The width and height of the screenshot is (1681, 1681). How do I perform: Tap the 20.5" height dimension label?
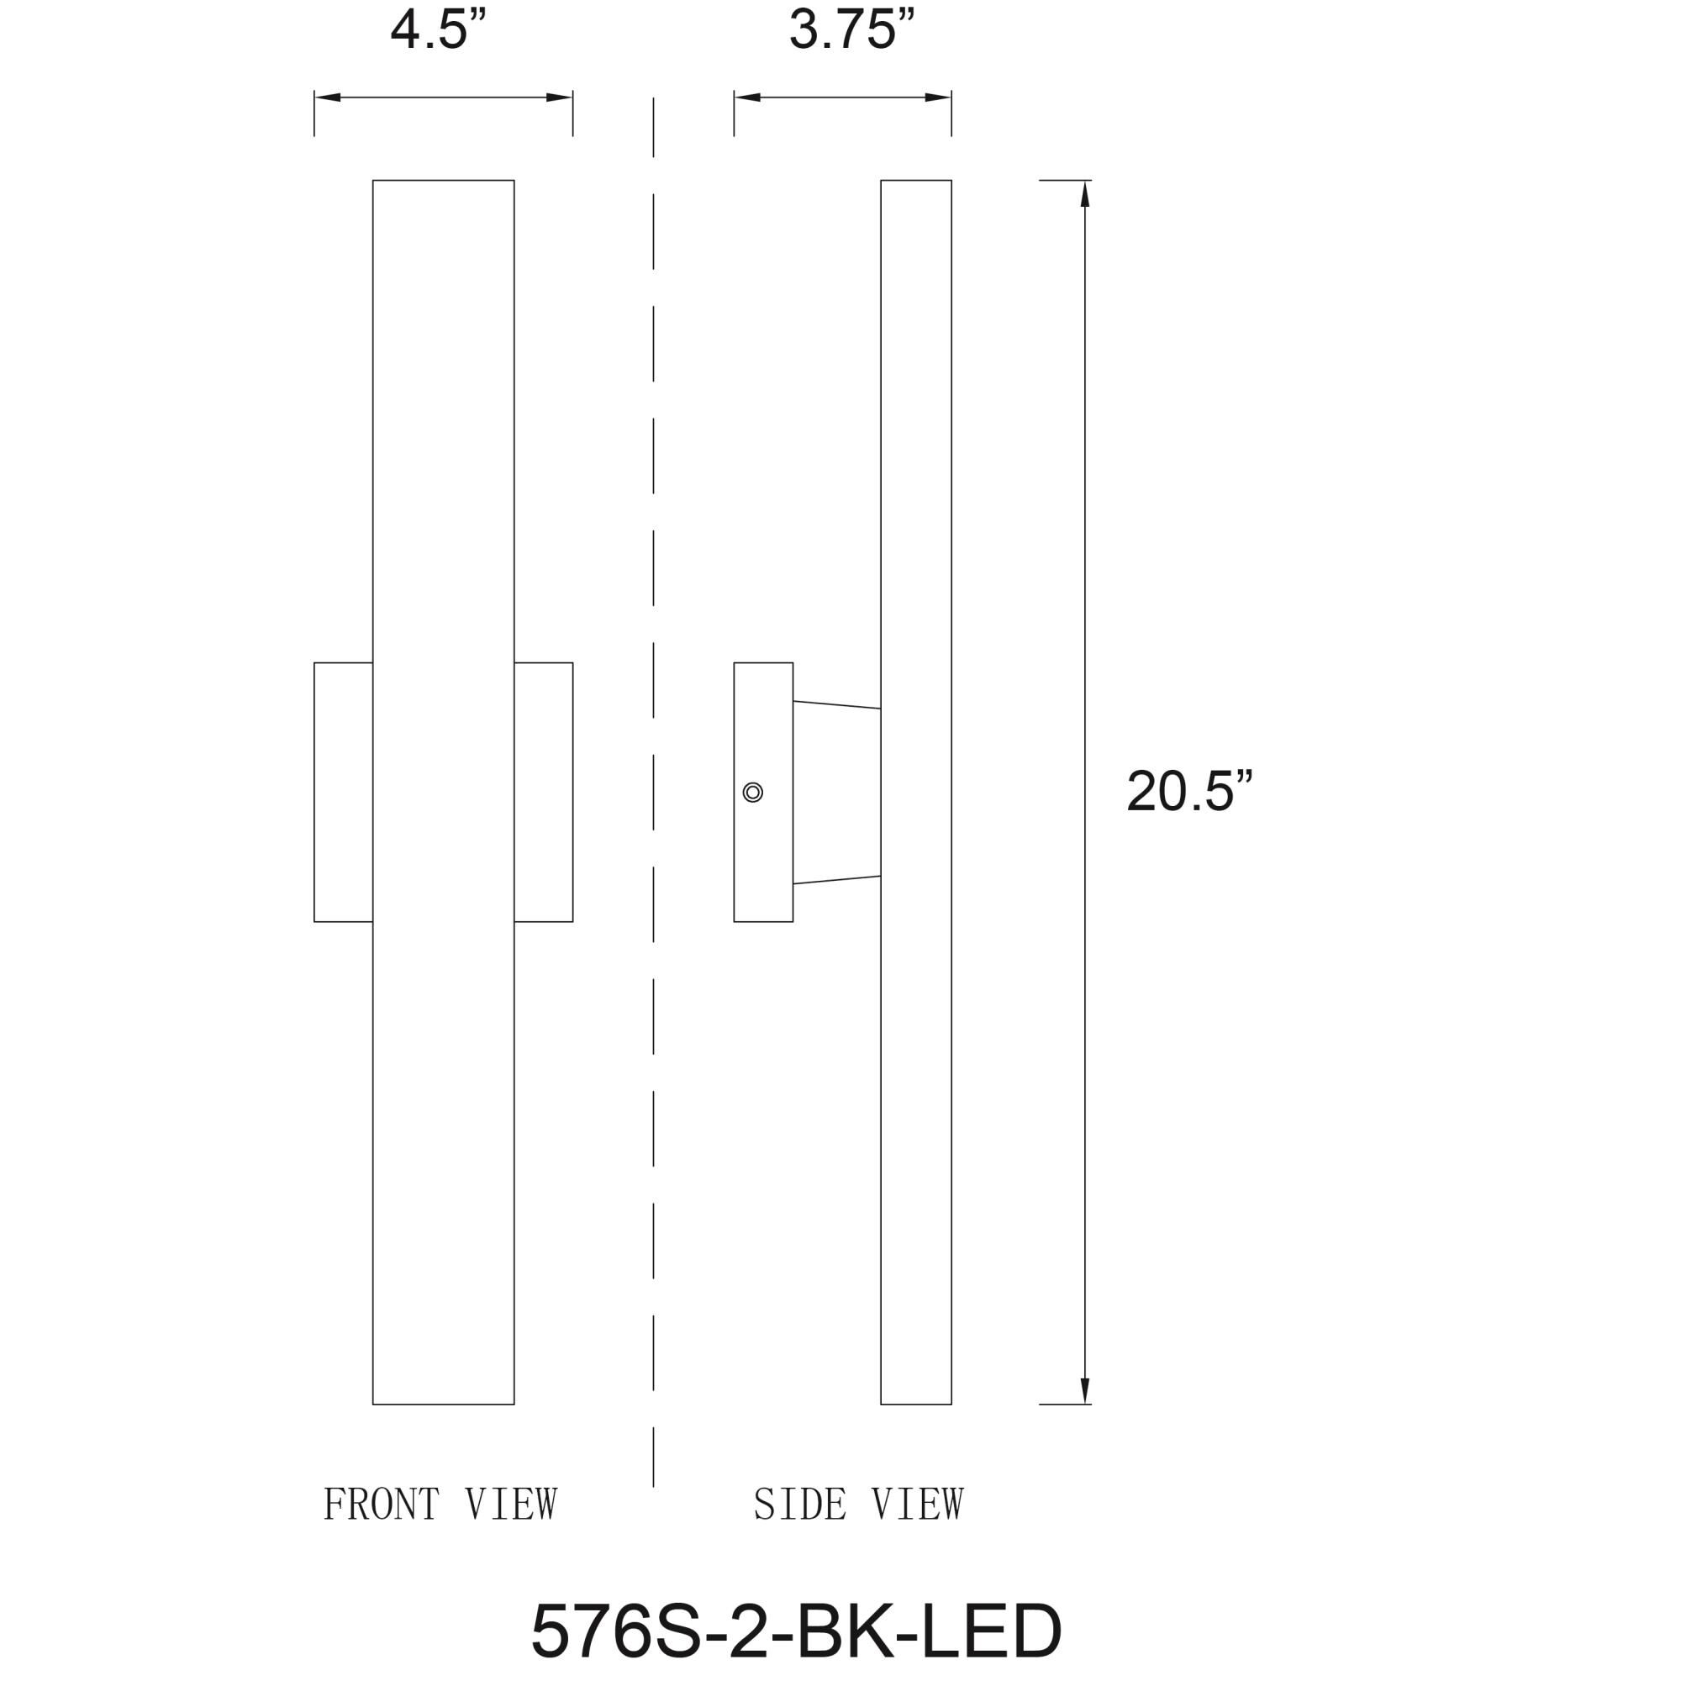pyautogui.click(x=1188, y=793)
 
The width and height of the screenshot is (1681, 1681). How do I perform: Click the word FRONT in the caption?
pyautogui.click(x=381, y=1504)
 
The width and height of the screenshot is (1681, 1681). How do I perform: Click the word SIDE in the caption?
pyautogui.click(x=799, y=1504)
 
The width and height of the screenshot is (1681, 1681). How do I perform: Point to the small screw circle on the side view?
pyautogui.click(x=752, y=793)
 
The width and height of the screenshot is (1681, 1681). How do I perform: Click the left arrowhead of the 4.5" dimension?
pyautogui.click(x=327, y=97)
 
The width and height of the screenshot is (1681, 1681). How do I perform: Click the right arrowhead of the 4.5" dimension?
pyautogui.click(x=560, y=97)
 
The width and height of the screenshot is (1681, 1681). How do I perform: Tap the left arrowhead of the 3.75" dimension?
pyautogui.click(x=747, y=97)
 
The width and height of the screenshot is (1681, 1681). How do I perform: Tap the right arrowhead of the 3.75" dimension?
pyautogui.click(x=938, y=97)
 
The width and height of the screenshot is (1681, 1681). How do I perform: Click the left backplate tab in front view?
pyautogui.click(x=344, y=793)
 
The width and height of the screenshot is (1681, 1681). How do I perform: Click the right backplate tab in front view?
pyautogui.click(x=544, y=793)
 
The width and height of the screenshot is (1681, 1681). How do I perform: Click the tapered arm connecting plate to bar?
pyautogui.click(x=836, y=793)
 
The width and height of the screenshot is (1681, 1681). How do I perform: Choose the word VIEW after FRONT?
pyautogui.click(x=511, y=1504)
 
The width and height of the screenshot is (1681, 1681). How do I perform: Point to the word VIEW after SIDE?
pyautogui.click(x=917, y=1504)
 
